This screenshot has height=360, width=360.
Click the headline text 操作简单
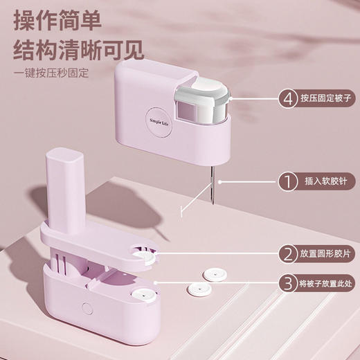[x=58, y=17]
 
